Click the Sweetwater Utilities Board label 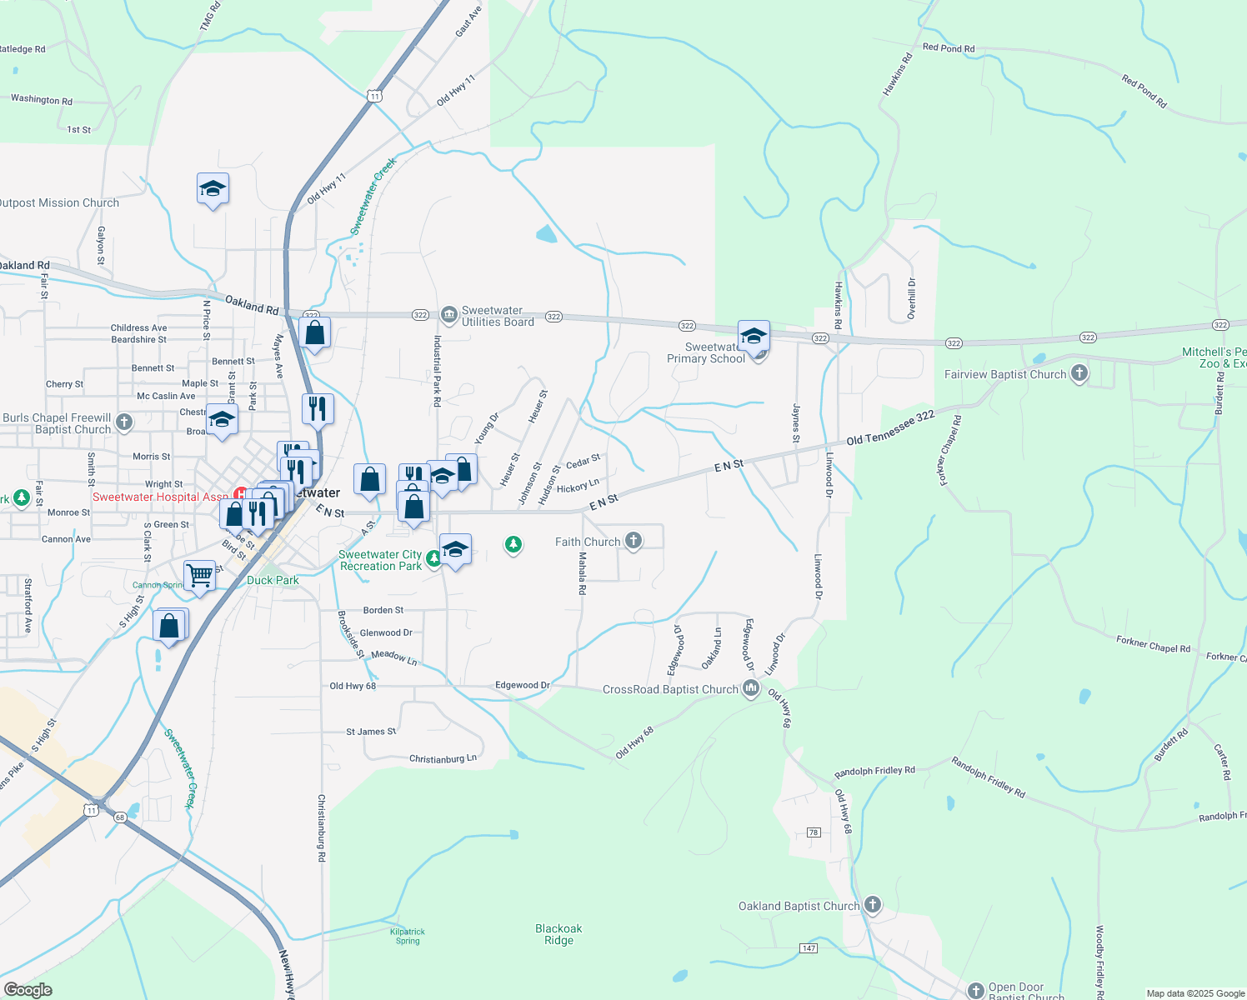[x=498, y=317]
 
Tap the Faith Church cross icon [x=634, y=542]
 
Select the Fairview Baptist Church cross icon [x=1079, y=373]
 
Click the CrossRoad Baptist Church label [x=670, y=689]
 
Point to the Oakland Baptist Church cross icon [x=873, y=905]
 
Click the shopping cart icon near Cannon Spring [x=199, y=575]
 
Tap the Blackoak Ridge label [x=558, y=934]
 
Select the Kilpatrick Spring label [x=408, y=936]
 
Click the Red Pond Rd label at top [x=949, y=48]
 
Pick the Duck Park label [x=273, y=580]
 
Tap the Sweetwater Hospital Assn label [x=160, y=497]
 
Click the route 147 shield [x=808, y=948]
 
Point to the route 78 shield [x=814, y=832]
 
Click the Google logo [x=28, y=990]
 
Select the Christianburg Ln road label [x=443, y=759]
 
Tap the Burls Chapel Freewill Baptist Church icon [x=124, y=422]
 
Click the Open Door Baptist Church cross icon [x=975, y=990]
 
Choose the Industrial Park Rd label [x=437, y=371]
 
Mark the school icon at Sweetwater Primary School [x=753, y=337]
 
